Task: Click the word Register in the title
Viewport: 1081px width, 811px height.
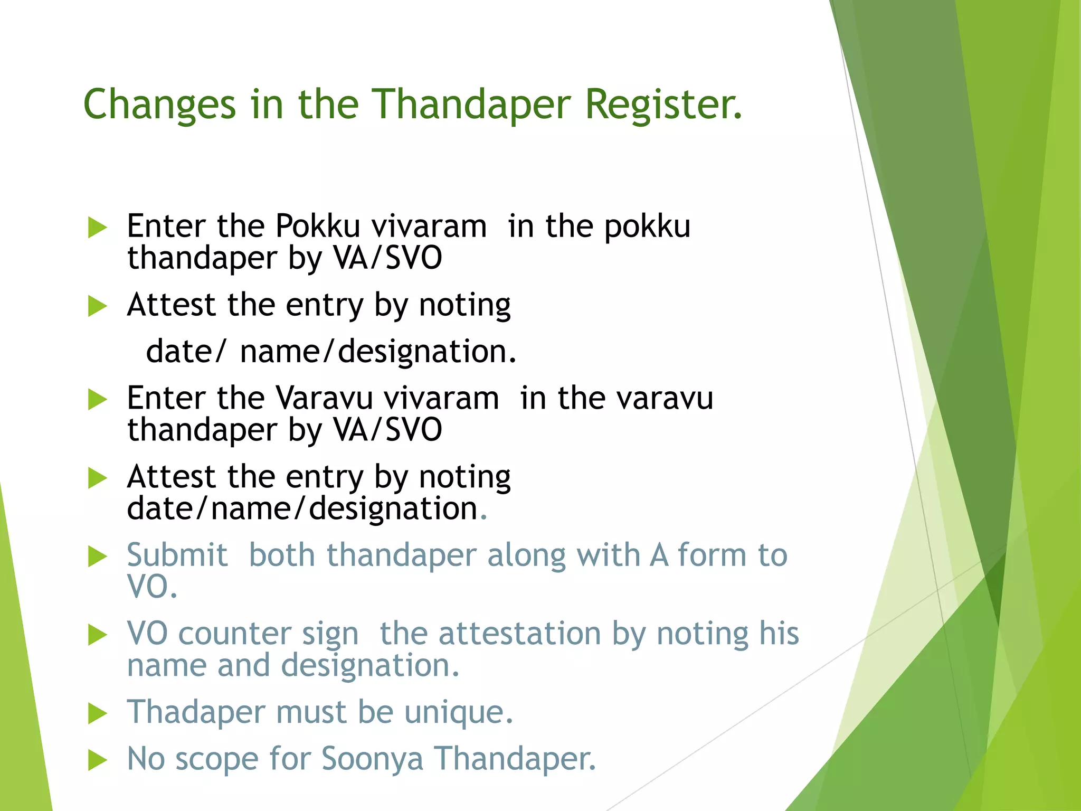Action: pyautogui.click(x=663, y=105)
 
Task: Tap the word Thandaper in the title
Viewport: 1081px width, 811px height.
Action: pyautogui.click(x=472, y=105)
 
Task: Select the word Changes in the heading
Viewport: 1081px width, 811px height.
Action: pyautogui.click(x=159, y=105)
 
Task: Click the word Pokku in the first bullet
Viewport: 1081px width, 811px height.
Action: pyautogui.click(x=318, y=226)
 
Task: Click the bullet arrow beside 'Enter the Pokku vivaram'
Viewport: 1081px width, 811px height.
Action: pyautogui.click(x=97, y=228)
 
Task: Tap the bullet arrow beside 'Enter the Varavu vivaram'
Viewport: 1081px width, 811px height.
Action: pyautogui.click(x=97, y=399)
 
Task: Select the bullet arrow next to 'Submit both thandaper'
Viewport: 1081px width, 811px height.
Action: pyautogui.click(x=97, y=557)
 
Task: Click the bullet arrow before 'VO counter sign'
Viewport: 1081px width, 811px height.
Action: pyautogui.click(x=97, y=635)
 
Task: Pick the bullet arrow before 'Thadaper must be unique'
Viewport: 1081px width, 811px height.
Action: pyautogui.click(x=97, y=713)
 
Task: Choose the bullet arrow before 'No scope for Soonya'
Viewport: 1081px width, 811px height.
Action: pyautogui.click(x=97, y=760)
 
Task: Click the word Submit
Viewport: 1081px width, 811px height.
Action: pyautogui.click(x=177, y=555)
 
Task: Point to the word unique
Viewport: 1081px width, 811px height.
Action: pyautogui.click(x=458, y=712)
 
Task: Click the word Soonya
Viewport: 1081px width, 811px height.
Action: pyautogui.click(x=372, y=759)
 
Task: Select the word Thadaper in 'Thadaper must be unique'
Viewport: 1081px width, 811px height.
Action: pyautogui.click(x=196, y=712)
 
